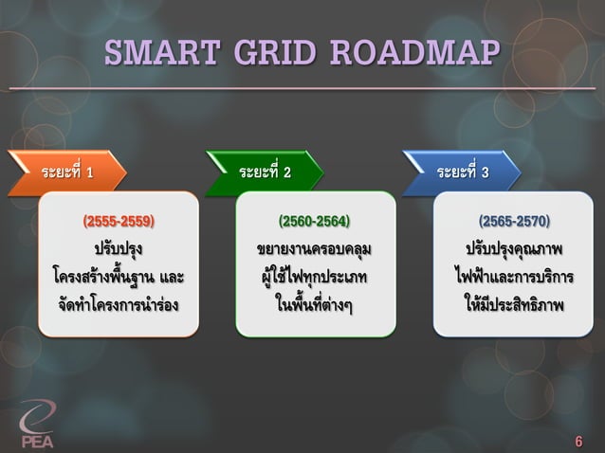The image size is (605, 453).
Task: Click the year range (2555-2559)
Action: pyautogui.click(x=119, y=222)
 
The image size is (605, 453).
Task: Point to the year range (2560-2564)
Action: pyautogui.click(x=314, y=222)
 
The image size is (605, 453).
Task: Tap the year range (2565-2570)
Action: pyautogui.click(x=513, y=222)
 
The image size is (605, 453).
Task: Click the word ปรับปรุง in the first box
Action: pyautogui.click(x=119, y=251)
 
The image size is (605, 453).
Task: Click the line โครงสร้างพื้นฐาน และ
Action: pyautogui.click(x=119, y=279)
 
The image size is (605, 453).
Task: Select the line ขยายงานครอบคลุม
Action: pyautogui.click(x=314, y=251)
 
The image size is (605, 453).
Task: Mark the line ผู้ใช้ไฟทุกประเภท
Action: pyautogui.click(x=314, y=279)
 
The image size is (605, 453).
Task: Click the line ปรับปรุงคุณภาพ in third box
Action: pyautogui.click(x=513, y=251)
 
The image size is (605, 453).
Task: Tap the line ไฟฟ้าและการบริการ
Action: pyautogui.click(x=513, y=279)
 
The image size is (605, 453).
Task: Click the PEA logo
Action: pyautogui.click(x=39, y=425)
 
